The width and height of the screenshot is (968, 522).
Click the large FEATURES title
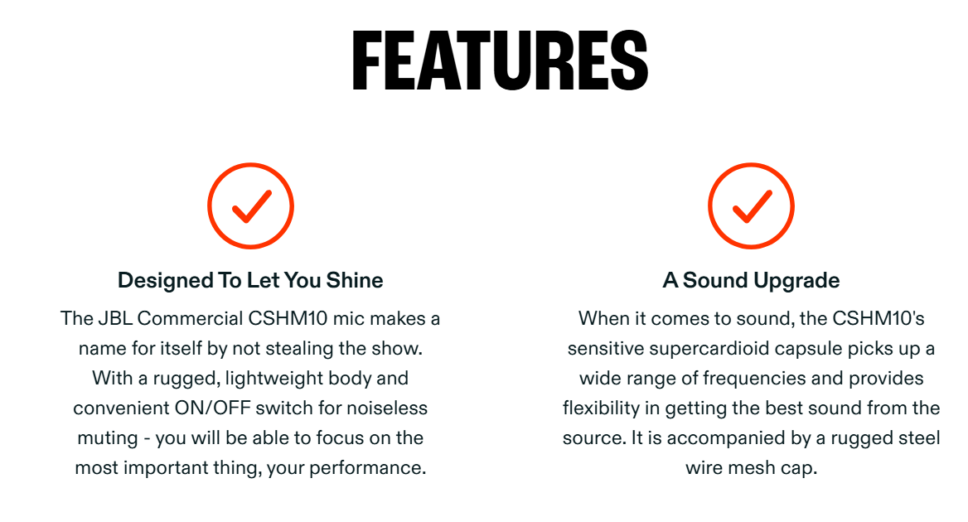pos(500,61)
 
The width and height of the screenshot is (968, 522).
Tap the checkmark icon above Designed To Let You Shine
pos(250,206)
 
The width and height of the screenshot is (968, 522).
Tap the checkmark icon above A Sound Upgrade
pos(752,206)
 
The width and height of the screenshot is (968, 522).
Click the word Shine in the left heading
pos(355,280)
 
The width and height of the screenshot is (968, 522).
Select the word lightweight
pos(275,378)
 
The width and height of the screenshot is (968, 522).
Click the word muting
pos(108,438)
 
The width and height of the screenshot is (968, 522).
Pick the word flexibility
pos(602,408)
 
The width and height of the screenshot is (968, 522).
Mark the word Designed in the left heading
pos(166,281)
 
